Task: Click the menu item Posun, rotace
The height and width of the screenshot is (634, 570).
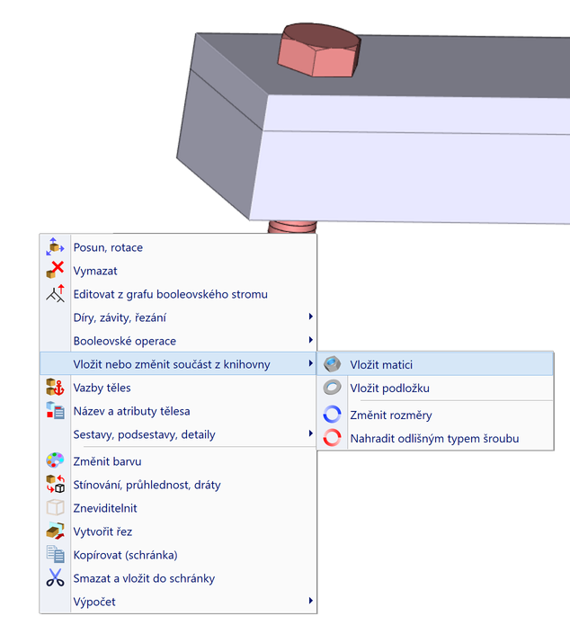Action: click(108, 247)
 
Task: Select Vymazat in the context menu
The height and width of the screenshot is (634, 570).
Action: click(95, 271)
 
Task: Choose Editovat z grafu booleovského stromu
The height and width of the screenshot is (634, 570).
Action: click(170, 294)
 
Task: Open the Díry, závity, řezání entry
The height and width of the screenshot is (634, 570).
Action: click(120, 317)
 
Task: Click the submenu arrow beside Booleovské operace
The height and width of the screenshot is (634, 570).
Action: click(310, 341)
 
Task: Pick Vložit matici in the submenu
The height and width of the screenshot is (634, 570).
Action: click(381, 364)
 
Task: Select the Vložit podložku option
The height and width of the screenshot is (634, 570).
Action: click(389, 388)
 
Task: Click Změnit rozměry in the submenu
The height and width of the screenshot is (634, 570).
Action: click(390, 415)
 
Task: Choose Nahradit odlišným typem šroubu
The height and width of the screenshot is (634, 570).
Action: click(434, 439)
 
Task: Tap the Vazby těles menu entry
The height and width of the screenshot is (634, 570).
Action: click(102, 388)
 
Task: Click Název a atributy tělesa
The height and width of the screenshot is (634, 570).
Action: click(131, 411)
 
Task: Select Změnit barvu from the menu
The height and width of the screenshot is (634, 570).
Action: click(104, 461)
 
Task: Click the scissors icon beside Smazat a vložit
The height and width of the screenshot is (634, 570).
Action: click(56, 578)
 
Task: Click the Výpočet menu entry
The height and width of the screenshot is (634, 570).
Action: click(94, 602)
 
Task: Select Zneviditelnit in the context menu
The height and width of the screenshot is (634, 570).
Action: click(106, 508)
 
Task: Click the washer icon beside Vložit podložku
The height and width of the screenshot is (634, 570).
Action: click(333, 388)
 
